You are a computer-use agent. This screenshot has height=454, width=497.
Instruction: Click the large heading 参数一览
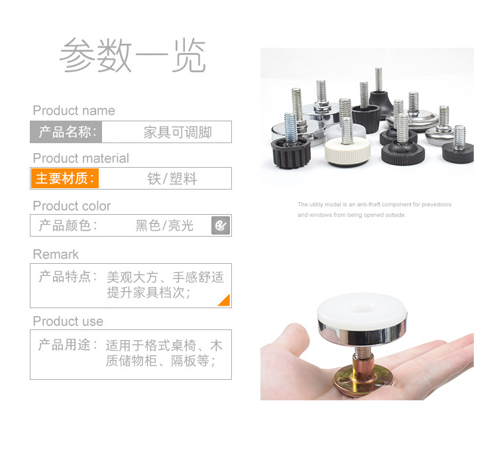point(133,57)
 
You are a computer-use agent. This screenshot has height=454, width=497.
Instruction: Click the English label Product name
point(74,111)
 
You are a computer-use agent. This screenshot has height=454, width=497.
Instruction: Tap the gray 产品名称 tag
point(66,132)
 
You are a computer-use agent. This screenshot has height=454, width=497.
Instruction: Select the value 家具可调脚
point(178,132)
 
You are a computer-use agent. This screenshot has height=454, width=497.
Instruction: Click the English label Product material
point(81,158)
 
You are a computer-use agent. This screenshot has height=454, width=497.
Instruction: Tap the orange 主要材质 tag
point(64,179)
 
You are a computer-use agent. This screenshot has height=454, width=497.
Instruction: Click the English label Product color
point(72,206)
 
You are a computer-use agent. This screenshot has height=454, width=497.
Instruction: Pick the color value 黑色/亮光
point(164,226)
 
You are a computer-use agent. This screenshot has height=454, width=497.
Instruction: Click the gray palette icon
point(220,226)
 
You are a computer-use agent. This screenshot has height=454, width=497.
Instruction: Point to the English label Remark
point(56,255)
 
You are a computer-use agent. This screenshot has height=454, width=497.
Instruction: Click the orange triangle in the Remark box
point(225,300)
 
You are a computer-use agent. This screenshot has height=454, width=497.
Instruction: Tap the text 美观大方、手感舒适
point(165,277)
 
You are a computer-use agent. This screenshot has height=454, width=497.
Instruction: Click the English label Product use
point(68,321)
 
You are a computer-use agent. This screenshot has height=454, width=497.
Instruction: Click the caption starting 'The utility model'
point(374,205)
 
